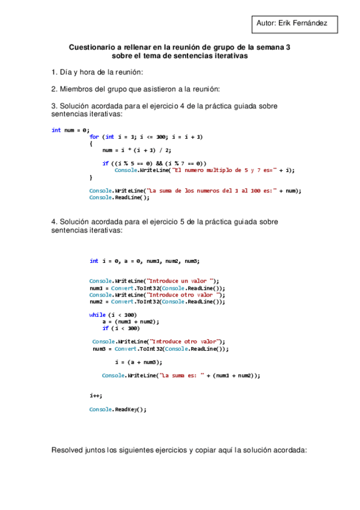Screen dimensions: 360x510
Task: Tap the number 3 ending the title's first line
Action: coord(288,46)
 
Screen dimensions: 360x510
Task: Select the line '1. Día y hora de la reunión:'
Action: coord(97,72)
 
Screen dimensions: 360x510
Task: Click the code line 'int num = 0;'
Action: coord(70,130)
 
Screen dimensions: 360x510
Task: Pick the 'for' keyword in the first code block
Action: coord(94,137)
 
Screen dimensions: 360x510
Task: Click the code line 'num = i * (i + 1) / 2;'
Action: coord(136,150)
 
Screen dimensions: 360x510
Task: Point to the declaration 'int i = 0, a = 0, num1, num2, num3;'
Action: coord(144,261)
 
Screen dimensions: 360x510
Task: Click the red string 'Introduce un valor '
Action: coord(181,281)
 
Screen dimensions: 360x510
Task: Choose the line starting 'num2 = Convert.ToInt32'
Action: coord(157,302)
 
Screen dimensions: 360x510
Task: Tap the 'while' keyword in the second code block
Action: coord(97,315)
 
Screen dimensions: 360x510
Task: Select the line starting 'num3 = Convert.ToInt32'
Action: coord(160,349)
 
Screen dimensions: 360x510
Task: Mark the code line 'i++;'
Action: coord(96,396)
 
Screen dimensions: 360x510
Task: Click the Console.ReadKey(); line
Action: coord(117,410)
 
